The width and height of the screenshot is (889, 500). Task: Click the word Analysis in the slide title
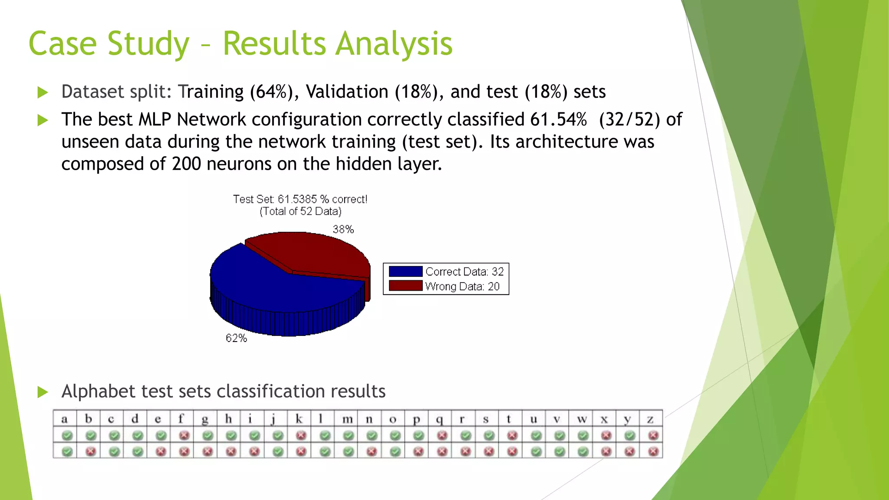(394, 44)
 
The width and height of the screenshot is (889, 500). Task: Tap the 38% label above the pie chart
(343, 229)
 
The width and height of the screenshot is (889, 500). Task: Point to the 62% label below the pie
(236, 338)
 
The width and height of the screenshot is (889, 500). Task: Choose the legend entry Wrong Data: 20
(462, 286)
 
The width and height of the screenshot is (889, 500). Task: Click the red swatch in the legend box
(405, 286)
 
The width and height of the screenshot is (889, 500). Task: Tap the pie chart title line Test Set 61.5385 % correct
(300, 199)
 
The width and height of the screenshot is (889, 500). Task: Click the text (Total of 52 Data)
(300, 211)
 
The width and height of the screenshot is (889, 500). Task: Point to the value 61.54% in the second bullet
(558, 119)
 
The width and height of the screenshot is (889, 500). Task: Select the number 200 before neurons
(186, 164)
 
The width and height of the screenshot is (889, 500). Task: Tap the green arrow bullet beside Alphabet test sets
(43, 392)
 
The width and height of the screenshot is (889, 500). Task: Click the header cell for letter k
(299, 419)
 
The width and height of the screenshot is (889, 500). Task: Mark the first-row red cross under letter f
(184, 435)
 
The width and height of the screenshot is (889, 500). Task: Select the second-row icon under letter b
(90, 451)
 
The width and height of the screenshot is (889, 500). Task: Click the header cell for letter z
(650, 419)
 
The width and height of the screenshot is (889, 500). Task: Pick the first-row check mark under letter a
(67, 435)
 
